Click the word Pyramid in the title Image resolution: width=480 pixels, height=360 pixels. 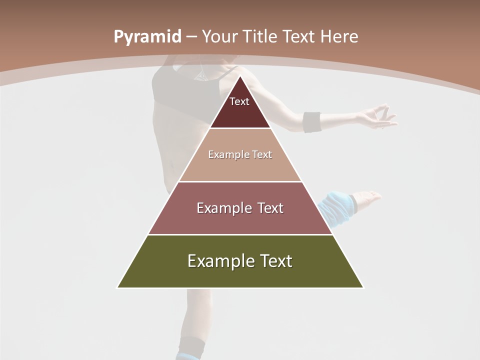[147, 37]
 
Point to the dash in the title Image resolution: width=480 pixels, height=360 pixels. [191, 37]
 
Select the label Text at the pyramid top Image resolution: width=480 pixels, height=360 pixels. [239, 101]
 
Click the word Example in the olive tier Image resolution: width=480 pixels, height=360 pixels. [216, 261]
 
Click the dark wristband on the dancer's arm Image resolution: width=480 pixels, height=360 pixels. [312, 122]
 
